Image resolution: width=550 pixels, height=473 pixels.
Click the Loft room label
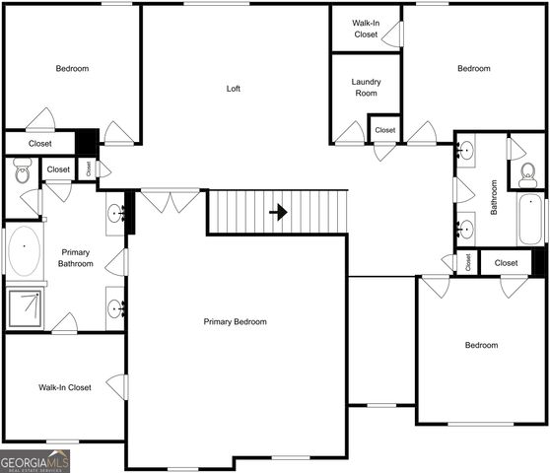tap(234, 89)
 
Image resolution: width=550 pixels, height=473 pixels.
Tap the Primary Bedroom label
tap(235, 322)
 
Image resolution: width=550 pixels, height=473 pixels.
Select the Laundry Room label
tap(366, 88)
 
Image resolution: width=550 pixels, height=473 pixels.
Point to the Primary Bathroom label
tap(75, 257)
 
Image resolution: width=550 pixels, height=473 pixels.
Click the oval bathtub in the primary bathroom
tap(24, 252)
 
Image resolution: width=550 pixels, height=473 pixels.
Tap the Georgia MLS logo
tap(35, 460)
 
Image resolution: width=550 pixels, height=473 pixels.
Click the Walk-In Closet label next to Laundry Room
tap(366, 29)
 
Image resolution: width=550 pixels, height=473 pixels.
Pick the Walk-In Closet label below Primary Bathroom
tap(65, 387)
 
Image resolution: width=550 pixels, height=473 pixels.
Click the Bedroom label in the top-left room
tap(72, 68)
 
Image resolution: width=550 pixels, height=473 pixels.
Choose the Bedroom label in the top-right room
tap(473, 68)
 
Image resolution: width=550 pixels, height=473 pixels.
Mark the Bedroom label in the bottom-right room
tap(481, 345)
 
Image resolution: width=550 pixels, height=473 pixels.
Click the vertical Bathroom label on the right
tap(494, 195)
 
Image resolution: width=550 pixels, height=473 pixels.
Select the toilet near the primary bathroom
tap(23, 173)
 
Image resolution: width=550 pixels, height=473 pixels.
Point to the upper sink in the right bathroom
tap(466, 152)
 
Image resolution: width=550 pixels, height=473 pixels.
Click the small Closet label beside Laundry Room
tap(384, 130)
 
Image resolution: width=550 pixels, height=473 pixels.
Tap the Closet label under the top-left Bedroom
tap(39, 144)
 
